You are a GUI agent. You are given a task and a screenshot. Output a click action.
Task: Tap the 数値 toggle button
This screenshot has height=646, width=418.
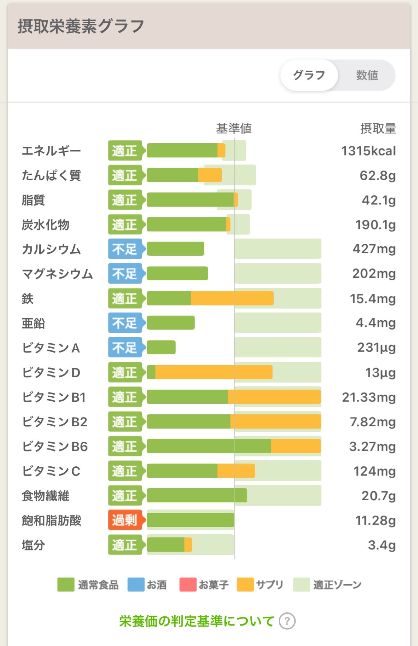[x=367, y=75]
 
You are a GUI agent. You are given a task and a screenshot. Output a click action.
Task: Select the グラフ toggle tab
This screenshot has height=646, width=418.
[x=309, y=75]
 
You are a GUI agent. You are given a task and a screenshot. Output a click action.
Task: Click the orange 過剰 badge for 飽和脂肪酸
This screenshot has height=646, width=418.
[x=125, y=520]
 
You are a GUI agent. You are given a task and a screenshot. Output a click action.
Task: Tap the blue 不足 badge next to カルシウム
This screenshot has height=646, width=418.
[x=125, y=249]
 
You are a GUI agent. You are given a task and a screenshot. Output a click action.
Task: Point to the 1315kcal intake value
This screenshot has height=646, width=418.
[x=369, y=151]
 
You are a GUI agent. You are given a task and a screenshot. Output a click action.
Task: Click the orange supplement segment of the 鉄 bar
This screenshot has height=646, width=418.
[x=232, y=298]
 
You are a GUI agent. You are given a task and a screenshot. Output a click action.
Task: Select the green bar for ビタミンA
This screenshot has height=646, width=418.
[x=161, y=348]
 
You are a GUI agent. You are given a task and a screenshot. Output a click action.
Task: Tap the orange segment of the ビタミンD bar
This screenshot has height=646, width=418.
[x=214, y=372]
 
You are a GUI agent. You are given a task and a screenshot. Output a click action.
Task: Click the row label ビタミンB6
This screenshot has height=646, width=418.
[x=55, y=446]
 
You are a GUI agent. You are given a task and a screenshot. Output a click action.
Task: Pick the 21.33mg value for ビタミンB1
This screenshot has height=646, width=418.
[x=369, y=397]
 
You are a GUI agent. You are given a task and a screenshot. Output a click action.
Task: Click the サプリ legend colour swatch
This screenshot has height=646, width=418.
[x=245, y=584]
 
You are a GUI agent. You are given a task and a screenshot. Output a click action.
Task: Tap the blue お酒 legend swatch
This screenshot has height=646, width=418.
[x=136, y=584]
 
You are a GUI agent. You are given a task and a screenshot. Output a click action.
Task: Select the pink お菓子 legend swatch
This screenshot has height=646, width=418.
[x=188, y=584]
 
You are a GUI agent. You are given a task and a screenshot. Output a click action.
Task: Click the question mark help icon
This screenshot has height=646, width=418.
[x=287, y=621]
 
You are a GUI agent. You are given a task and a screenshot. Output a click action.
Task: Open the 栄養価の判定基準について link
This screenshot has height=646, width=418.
[x=197, y=621]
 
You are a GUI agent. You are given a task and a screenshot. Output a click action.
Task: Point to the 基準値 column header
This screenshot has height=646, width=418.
[x=234, y=128]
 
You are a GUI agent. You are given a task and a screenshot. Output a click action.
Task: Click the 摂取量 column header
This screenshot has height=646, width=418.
[x=378, y=128]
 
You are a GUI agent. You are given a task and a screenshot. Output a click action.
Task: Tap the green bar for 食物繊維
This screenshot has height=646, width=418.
[x=197, y=496]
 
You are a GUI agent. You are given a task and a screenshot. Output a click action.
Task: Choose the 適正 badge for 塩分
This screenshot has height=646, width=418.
[x=125, y=545]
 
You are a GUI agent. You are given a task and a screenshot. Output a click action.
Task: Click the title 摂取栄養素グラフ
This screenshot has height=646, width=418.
[x=81, y=26]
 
